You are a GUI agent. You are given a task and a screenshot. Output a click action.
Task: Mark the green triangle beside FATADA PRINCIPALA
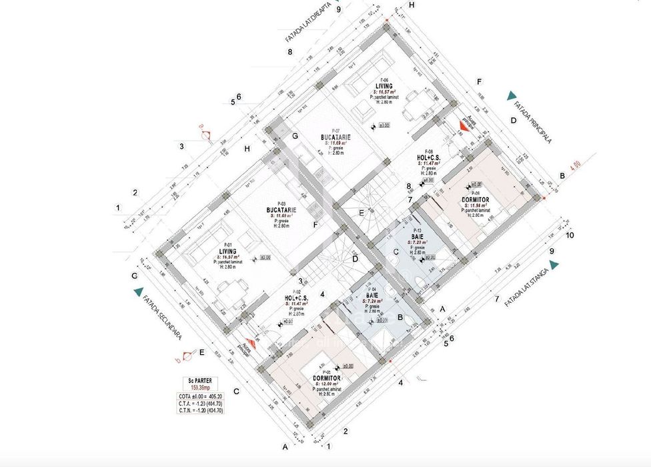(x=511, y=95)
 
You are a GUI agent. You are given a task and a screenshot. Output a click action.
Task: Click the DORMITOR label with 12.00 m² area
(x=327, y=378)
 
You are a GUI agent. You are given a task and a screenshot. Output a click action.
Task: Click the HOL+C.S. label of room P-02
(x=297, y=298)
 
